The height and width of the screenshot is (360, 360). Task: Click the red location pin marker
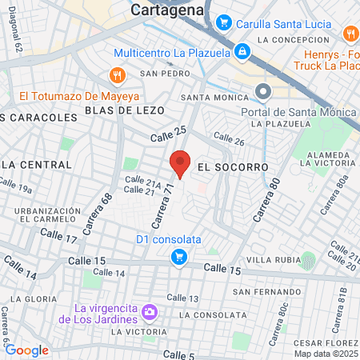pos(180,163)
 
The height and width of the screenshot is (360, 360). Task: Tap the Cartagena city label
pos(168,10)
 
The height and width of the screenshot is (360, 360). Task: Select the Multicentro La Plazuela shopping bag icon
pos(242,52)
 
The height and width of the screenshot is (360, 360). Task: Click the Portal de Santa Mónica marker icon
pos(263,93)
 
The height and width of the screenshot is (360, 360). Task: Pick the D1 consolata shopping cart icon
pos(180,257)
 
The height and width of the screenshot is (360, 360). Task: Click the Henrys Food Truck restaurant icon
pos(350,34)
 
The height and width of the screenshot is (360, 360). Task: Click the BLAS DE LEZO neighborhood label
pos(124,110)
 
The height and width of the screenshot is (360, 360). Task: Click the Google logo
pos(26,350)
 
